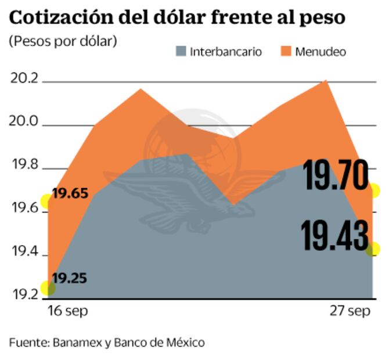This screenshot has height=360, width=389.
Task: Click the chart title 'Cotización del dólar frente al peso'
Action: pos(177,17)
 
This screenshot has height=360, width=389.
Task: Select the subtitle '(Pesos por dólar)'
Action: pos(62,42)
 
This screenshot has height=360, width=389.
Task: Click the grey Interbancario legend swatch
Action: pos(181,51)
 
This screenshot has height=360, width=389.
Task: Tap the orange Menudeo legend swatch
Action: pos(286,51)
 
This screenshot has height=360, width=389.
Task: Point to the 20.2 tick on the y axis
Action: pos(24,79)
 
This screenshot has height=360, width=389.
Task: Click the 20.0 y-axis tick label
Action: pos(24,122)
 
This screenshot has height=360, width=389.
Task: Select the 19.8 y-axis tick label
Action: pos(24,166)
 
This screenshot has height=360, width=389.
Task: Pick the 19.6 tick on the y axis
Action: pos(24,210)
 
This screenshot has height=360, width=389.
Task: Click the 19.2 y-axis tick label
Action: pos(24,295)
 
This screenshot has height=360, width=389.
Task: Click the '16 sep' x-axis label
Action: pos(69,312)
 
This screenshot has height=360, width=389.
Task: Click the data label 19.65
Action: pos(70,193)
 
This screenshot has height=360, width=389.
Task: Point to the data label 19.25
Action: pos(70,278)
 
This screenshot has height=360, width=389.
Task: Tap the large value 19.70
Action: pos(336,177)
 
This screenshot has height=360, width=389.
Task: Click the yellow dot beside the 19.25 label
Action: pos(48,288)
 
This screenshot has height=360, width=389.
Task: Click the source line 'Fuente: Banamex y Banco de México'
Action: pos(107,343)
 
